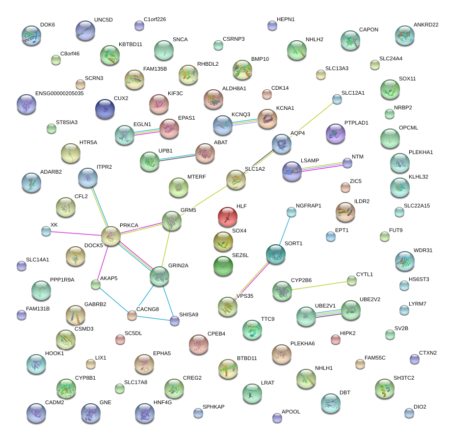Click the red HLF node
tap(227, 215)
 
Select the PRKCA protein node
tap(111, 235)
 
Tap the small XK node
tap(46, 231)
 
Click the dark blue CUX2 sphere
tap(105, 108)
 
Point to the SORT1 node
tap(276, 254)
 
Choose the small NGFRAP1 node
tap(291, 212)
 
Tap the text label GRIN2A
tap(178, 265)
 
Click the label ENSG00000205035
tap(59, 93)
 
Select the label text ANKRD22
tap(425, 25)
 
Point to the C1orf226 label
tap(155, 20)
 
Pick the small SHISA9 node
tap(175, 321)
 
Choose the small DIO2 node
tap(409, 413)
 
